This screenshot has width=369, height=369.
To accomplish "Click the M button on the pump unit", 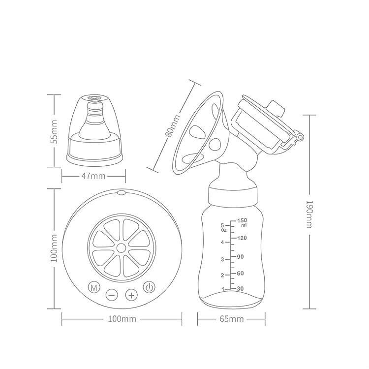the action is coord(94,287).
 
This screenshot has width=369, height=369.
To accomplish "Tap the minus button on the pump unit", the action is coord(112,295).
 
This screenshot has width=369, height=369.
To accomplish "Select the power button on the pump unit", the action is coord(149,287).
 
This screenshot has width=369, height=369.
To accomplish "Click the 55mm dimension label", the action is coord(54,132).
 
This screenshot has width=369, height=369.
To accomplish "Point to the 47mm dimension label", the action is coord(93,176).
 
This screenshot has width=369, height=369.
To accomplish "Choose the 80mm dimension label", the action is coord(173,125).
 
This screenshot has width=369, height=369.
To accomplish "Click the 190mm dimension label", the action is coord(309,214).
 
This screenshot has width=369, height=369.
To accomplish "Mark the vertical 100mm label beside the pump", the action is coord(54,248).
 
